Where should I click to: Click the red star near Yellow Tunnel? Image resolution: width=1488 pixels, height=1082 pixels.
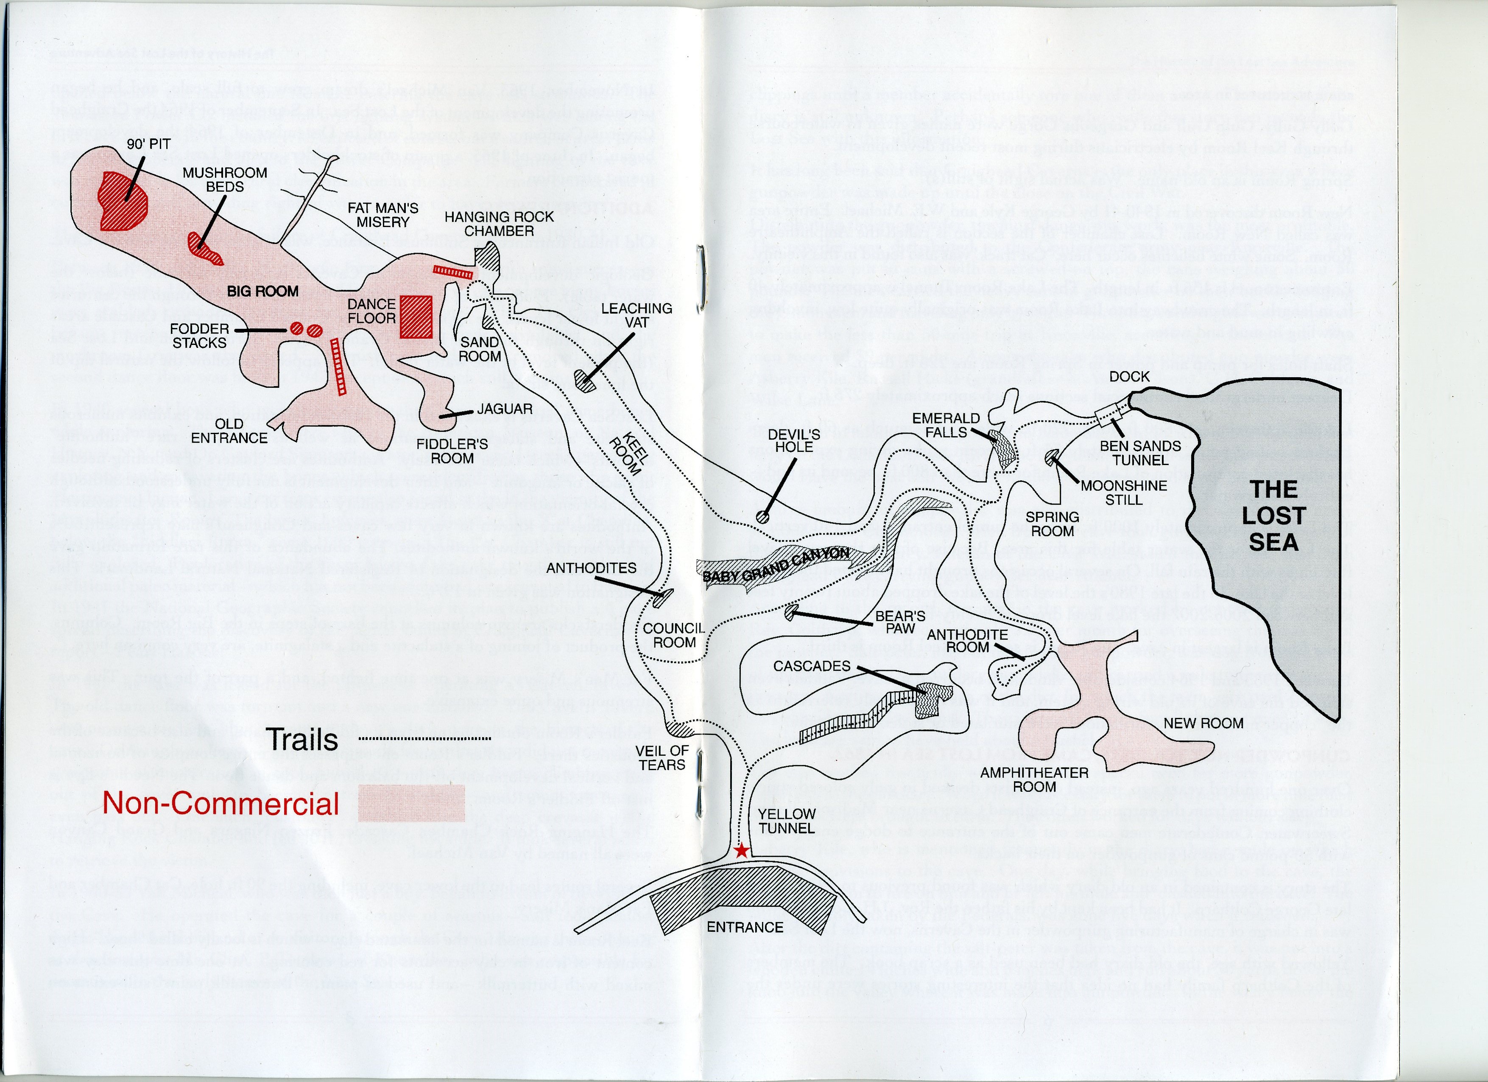point(741,852)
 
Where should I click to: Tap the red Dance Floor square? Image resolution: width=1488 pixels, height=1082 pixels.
point(416,317)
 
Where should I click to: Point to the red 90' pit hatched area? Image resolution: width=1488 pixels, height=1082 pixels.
point(122,202)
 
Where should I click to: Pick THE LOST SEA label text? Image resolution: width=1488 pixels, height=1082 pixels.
point(1273,516)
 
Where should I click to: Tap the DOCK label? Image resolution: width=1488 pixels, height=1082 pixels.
point(1129,377)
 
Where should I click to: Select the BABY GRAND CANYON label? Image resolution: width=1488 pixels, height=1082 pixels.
point(776,565)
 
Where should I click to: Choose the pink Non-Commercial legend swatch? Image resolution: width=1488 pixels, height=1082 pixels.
point(411,803)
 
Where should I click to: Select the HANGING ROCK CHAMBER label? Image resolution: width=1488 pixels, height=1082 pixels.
point(499,223)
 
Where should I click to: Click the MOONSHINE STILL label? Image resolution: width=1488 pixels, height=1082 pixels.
point(1123,492)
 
